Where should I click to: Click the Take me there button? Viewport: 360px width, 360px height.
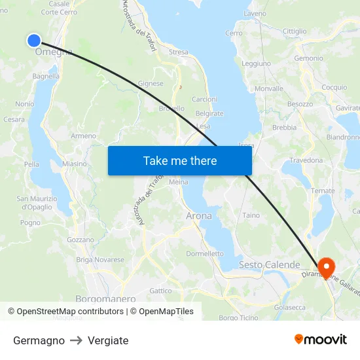tap(180, 160)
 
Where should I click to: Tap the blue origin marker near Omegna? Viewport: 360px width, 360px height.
tap(34, 41)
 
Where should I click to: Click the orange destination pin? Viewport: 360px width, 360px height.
tap(325, 268)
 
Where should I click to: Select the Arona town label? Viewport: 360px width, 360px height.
tap(199, 215)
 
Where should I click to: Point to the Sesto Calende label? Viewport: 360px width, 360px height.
tap(269, 265)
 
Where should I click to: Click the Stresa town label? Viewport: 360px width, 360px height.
tap(178, 52)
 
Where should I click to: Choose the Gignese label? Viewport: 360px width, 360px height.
tap(151, 84)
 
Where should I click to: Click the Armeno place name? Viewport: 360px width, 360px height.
tap(83, 135)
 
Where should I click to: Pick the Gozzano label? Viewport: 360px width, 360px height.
tap(81, 240)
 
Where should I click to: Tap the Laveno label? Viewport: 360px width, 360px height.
tap(255, 13)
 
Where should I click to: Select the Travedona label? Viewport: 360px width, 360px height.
tap(307, 160)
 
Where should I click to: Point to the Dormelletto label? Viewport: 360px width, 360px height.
tap(205, 253)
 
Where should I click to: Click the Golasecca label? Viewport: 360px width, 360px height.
tap(290, 307)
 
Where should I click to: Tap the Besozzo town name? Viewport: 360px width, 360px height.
tap(300, 104)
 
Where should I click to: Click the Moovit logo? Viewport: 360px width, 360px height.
tap(320, 340)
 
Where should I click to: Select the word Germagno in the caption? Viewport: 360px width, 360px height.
tap(39, 340)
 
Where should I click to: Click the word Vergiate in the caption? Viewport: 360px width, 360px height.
tap(108, 340)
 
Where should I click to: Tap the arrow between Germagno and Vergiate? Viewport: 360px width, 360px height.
tap(76, 340)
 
